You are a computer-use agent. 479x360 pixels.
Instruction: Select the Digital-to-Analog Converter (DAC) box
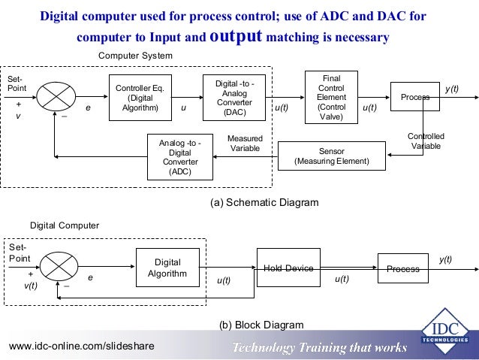234,97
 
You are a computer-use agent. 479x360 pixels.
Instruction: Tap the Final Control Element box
331,97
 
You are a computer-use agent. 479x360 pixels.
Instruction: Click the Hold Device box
288,268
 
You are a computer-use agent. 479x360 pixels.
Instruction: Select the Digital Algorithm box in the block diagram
167,268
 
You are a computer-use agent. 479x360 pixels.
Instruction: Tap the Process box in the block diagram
403,269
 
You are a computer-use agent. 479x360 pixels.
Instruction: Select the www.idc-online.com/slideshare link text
81,346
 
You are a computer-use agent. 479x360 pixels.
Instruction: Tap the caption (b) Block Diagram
261,325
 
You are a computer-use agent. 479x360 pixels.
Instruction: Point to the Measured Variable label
245,143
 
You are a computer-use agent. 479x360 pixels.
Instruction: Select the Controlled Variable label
426,141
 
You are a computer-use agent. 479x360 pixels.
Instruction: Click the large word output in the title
235,35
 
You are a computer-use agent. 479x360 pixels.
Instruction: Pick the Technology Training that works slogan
319,347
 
